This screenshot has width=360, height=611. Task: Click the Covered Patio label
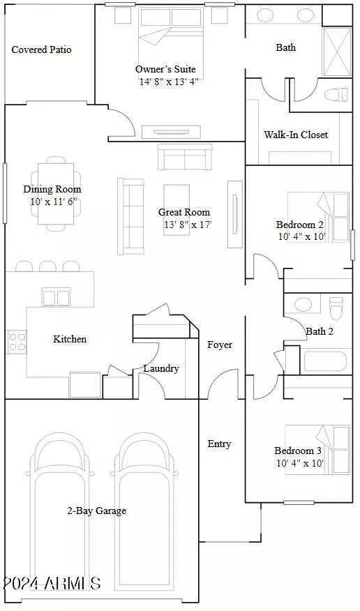click(41, 50)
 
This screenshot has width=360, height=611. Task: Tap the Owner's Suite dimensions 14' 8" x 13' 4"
click(169, 82)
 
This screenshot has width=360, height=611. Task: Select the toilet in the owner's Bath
click(336, 94)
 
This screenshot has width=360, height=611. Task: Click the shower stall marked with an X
click(337, 52)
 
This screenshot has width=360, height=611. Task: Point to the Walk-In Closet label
click(296, 135)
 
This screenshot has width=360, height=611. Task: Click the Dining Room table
click(56, 194)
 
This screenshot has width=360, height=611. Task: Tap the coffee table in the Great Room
click(177, 210)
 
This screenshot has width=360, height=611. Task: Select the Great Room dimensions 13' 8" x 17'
click(188, 225)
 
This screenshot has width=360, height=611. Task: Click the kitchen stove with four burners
click(17, 342)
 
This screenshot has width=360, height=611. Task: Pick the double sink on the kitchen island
click(57, 298)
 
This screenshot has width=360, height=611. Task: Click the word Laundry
click(161, 369)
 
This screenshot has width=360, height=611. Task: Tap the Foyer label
click(220, 345)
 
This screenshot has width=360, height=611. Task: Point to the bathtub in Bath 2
click(325, 361)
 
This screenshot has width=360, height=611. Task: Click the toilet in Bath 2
click(336, 308)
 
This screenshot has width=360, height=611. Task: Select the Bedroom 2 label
click(299, 225)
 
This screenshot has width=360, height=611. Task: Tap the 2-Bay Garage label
click(96, 511)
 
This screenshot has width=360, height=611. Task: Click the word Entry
click(219, 444)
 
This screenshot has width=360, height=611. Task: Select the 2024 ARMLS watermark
click(52, 583)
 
